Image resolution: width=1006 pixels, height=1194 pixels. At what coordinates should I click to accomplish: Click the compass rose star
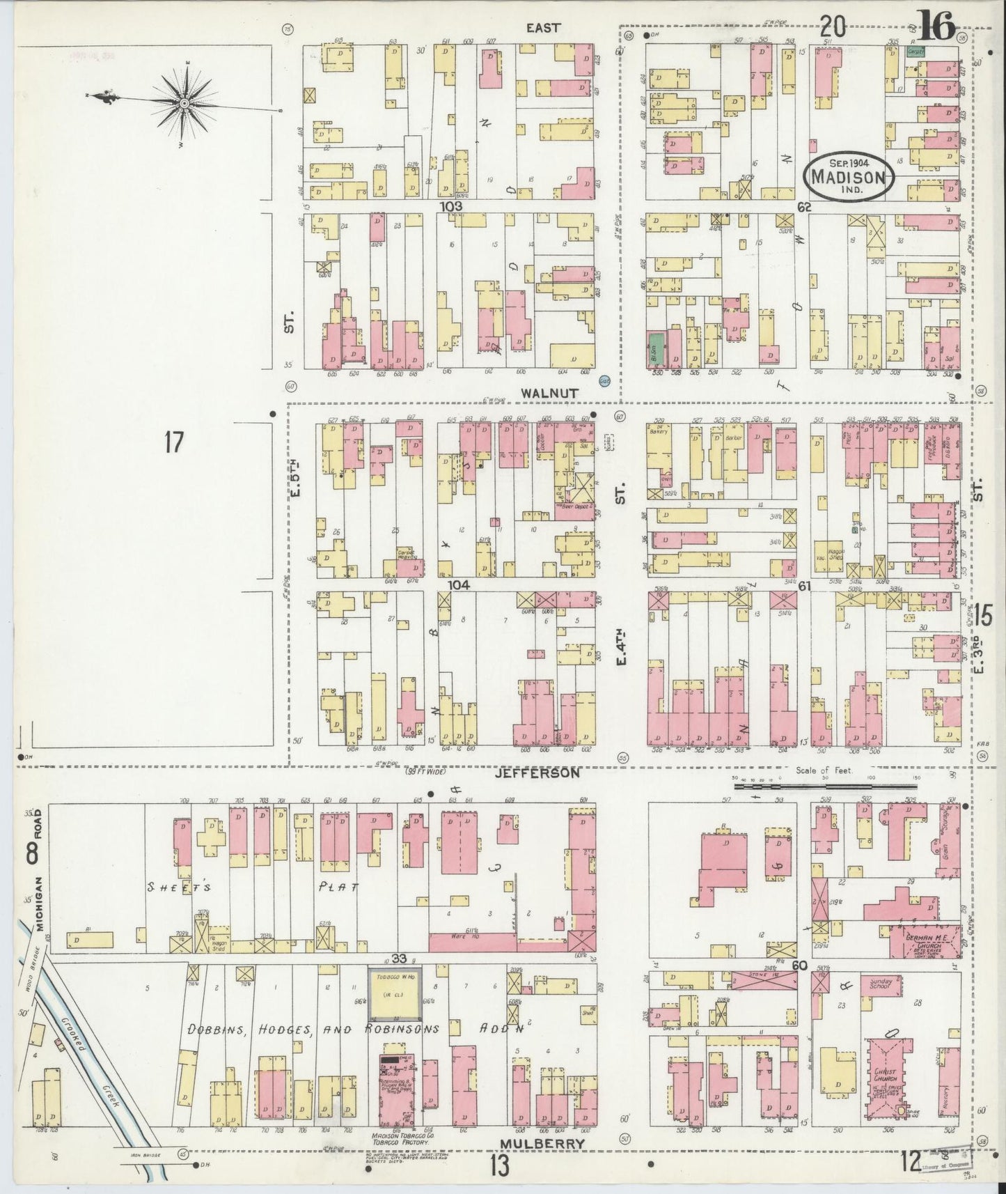184,104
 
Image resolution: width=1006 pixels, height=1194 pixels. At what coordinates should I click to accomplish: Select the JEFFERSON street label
537,773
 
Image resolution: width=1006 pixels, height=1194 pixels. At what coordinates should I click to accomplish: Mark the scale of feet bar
826,786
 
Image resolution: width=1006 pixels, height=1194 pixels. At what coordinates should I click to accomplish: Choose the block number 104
459,586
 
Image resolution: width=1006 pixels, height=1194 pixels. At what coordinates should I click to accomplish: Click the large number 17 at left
173,442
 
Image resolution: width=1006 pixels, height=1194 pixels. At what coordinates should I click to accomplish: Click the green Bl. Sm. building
654,349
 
